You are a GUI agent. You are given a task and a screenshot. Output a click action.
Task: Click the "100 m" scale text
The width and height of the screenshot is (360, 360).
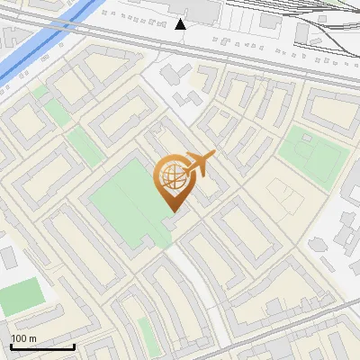point(23,338)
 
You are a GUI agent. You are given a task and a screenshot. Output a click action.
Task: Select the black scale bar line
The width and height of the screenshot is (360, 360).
point(42,346)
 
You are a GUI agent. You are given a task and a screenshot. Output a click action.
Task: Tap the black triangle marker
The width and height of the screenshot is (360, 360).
point(181,24)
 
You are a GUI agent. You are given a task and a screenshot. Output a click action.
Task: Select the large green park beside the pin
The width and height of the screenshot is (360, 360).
point(126,202)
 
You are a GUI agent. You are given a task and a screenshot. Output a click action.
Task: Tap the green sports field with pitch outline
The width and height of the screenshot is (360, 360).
point(311,155)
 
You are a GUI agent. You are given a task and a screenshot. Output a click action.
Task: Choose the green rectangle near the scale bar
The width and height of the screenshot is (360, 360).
point(20,296)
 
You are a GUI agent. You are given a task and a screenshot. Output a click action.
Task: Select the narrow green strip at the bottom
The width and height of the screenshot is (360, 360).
point(146,335)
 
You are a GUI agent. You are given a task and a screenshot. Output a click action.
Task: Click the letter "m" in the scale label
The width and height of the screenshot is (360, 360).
point(31,338)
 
